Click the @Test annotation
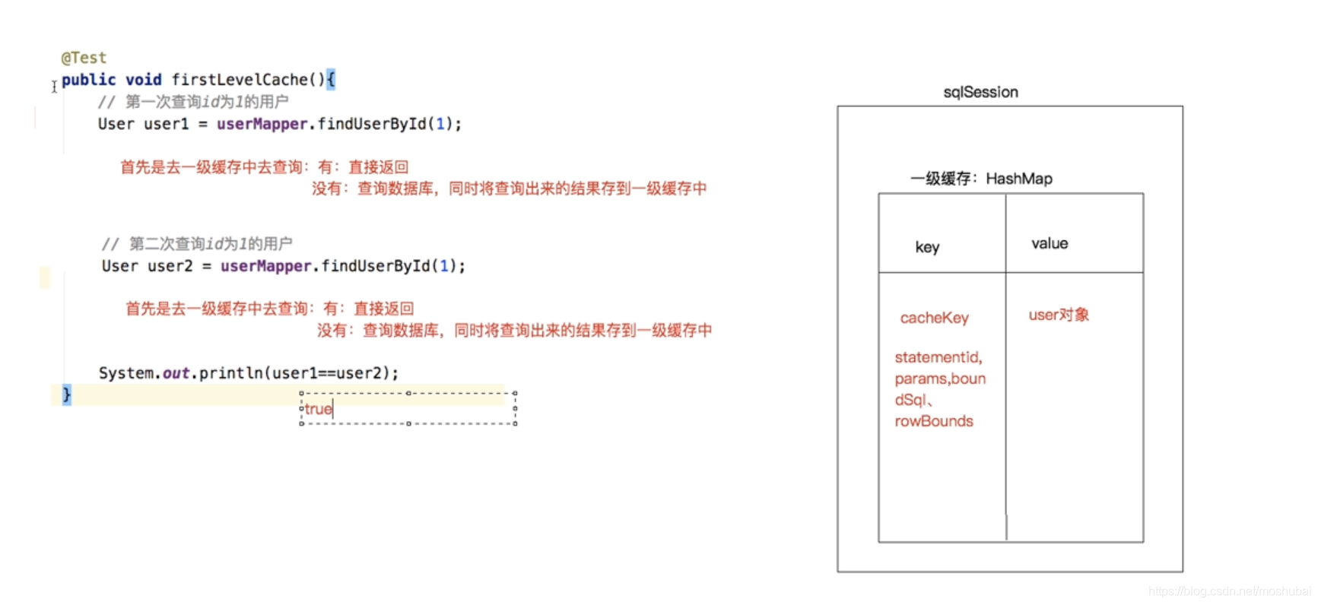(84, 58)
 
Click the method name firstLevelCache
(239, 80)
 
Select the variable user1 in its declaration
(166, 124)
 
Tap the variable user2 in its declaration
(170, 266)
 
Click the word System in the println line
(126, 373)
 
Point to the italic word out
(176, 373)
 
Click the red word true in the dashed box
(318, 409)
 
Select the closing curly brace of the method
(66, 394)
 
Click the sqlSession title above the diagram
(980, 92)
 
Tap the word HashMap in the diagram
(1019, 179)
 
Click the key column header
(927, 247)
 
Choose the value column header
(1050, 243)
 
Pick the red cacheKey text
(934, 318)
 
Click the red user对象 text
(1059, 315)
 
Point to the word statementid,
(938, 357)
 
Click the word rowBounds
(934, 421)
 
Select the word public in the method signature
(88, 80)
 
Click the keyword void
(143, 80)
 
